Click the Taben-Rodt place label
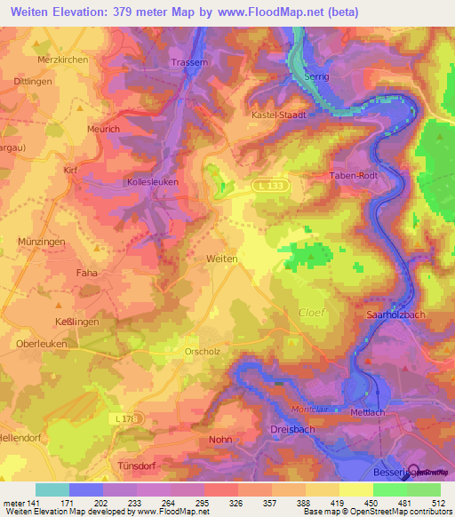(355, 176)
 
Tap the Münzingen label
(43, 241)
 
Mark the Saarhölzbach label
(399, 315)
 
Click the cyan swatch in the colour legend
(52, 489)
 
